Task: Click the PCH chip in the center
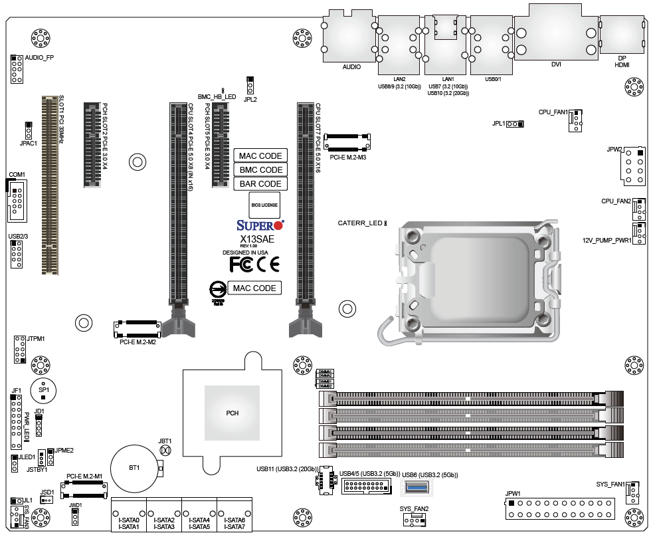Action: click(x=232, y=413)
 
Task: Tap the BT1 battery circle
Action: click(x=135, y=468)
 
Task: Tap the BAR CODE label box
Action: click(x=260, y=183)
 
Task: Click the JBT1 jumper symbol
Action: click(x=165, y=451)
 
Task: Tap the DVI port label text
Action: click(x=556, y=65)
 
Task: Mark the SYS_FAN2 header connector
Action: click(x=415, y=522)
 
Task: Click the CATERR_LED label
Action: click(x=360, y=223)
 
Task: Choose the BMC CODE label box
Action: click(x=260, y=170)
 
